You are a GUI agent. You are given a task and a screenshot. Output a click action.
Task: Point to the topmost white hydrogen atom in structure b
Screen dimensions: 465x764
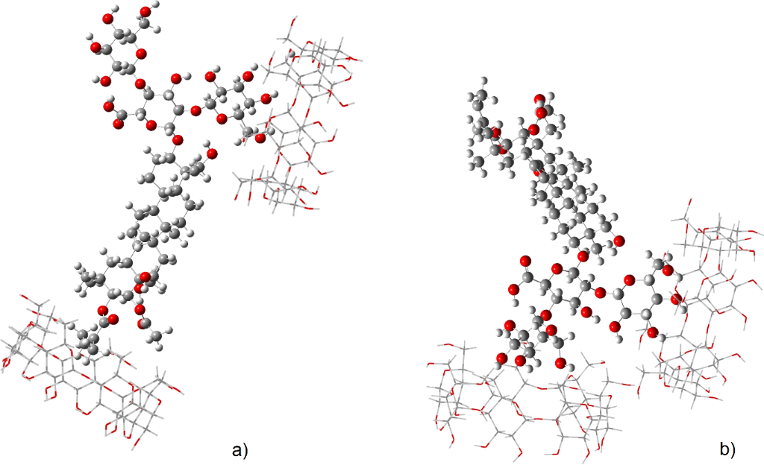click(x=485, y=80)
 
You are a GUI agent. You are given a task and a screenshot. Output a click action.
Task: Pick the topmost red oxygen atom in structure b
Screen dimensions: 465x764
click(x=539, y=101)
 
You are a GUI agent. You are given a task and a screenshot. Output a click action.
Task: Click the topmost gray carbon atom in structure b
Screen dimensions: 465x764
click(x=481, y=95)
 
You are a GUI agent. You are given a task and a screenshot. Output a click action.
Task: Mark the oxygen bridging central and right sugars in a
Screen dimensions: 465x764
click(x=196, y=111)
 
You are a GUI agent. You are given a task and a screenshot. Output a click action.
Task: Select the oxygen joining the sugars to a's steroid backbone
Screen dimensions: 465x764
click(x=177, y=139)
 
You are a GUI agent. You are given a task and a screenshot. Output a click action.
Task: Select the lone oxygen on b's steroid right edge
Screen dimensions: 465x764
click(x=619, y=241)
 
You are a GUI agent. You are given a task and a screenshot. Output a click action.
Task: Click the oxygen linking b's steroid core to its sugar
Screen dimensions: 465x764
click(x=583, y=257)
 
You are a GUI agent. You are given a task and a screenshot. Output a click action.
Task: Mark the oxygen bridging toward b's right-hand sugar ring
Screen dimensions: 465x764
click(x=601, y=293)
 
